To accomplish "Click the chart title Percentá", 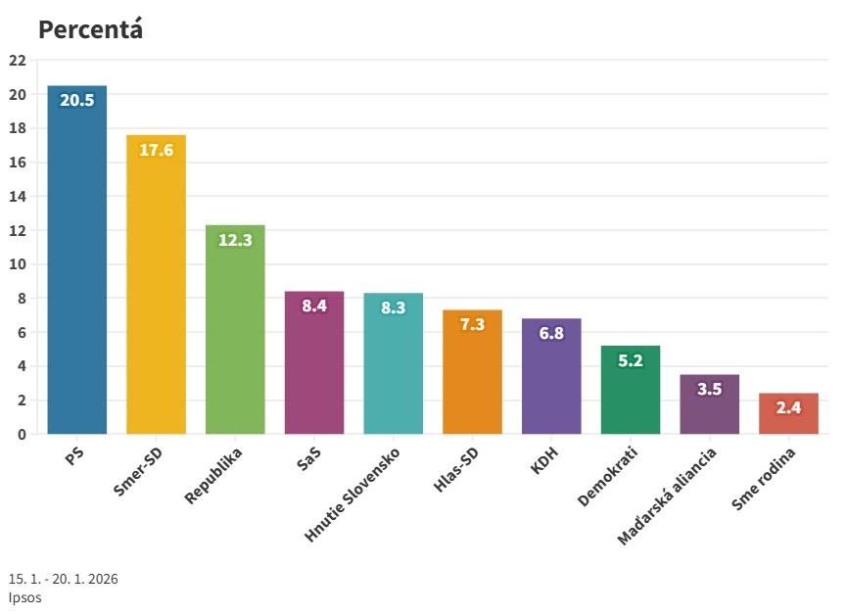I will [90, 29].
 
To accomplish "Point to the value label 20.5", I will [76, 100].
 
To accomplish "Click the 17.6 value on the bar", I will [156, 150].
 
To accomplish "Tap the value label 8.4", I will [314, 306].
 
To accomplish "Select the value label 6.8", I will [551, 333].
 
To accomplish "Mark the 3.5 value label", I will [709, 389].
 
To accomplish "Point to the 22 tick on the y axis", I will [17, 61].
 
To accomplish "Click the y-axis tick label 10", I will [17, 264].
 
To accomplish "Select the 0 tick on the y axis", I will [22, 434].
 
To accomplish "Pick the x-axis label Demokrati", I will [608, 477].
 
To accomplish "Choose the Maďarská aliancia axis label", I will [668, 496].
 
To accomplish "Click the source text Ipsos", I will [25, 596].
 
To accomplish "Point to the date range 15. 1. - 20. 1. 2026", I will [64, 579].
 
